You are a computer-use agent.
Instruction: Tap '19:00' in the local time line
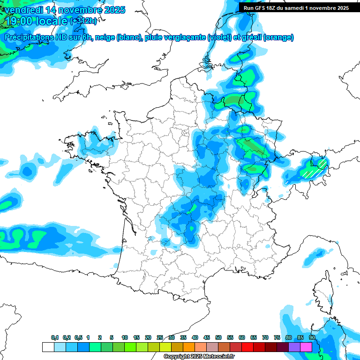point(22,21)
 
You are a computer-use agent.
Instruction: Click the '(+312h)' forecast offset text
point(83,21)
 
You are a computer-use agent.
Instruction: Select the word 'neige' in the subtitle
point(105,37)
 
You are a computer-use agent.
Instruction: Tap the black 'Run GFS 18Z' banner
point(296,7)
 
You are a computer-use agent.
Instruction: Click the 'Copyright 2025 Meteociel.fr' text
point(199,357)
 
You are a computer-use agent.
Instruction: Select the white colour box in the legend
point(48,347)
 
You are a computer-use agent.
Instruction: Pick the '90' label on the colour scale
point(312,338)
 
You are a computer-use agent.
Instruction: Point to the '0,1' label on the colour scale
point(55,338)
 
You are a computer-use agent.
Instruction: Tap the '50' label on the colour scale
point(218,338)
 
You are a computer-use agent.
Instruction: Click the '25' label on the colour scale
point(160,338)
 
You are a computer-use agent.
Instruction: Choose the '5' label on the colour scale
point(112,338)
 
